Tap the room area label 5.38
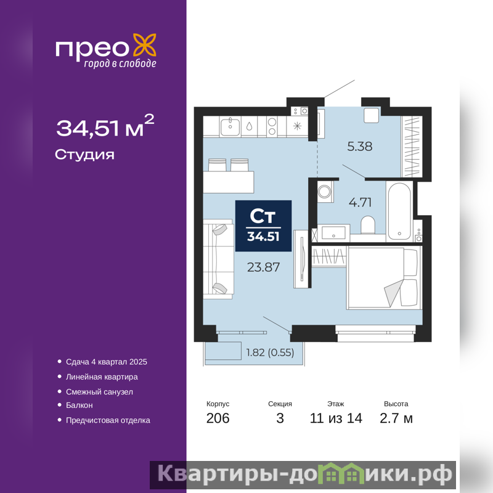coord(360,146)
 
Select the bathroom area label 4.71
coord(360,202)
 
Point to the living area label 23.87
coord(263,267)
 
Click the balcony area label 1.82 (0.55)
coord(270,352)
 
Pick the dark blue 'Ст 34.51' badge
coord(264,226)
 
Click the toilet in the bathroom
coord(367,224)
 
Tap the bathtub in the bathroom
coord(399,211)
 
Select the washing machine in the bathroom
coord(325,191)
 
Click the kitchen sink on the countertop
coord(230,127)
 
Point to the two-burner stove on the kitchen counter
coord(272,126)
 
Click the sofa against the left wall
coord(218,259)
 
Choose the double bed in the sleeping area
coord(384,278)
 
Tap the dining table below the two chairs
coord(228,182)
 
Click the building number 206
coord(218,418)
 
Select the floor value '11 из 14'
coord(336,418)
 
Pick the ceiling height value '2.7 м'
coord(396,418)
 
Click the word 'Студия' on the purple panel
coord(84,155)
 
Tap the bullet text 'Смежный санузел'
coord(99,392)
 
